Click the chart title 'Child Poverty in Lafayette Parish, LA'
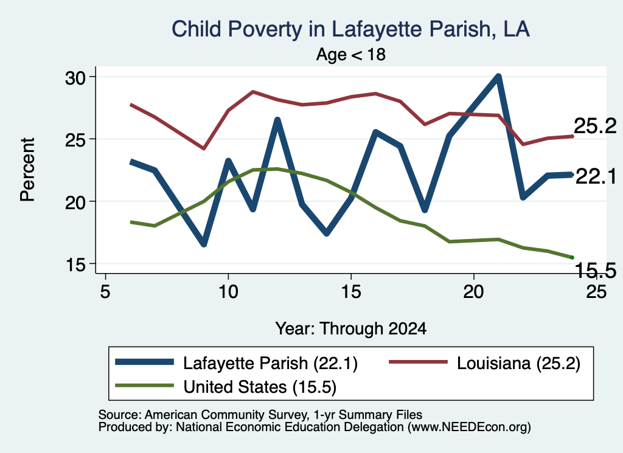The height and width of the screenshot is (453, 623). pyautogui.click(x=350, y=30)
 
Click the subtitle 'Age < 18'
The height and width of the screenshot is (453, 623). pyautogui.click(x=351, y=54)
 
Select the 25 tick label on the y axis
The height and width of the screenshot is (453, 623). pyautogui.click(x=75, y=140)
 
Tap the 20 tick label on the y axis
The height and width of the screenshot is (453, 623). pyautogui.click(x=75, y=202)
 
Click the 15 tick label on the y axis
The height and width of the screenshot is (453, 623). pyautogui.click(x=75, y=265)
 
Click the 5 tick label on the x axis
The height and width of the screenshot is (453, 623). pyautogui.click(x=105, y=292)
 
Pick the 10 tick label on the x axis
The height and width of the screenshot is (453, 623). pyautogui.click(x=228, y=292)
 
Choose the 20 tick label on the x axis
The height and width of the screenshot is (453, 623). pyautogui.click(x=473, y=292)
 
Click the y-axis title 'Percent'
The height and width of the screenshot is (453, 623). pyautogui.click(x=28, y=170)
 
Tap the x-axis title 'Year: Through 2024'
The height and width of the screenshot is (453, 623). pyautogui.click(x=351, y=329)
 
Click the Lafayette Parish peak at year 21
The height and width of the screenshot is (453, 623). pyautogui.click(x=498, y=77)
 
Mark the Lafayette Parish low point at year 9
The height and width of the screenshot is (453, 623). pyautogui.click(x=204, y=244)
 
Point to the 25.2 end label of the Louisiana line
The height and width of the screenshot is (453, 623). pyautogui.click(x=595, y=126)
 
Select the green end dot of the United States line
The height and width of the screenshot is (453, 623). pyautogui.click(x=572, y=258)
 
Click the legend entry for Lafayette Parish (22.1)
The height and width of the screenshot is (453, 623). pyautogui.click(x=237, y=363)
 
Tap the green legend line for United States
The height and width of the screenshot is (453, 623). pyautogui.click(x=144, y=385)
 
